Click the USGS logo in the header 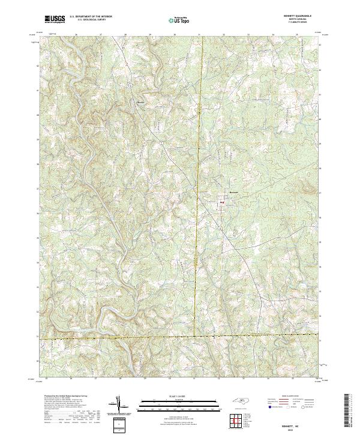(x=53, y=20)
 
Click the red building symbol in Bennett (x=222, y=203)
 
